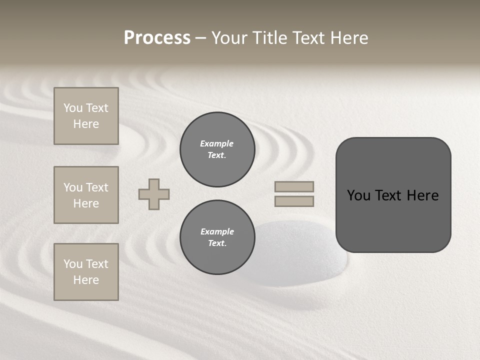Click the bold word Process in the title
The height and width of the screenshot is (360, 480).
157,38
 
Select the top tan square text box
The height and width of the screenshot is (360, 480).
86,116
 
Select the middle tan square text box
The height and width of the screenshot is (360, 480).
86,195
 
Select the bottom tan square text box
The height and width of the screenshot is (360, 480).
86,272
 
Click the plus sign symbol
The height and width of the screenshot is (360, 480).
154,194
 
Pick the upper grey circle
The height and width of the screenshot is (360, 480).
217,149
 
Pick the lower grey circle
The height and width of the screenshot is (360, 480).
217,237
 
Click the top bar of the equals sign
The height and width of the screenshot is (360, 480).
294,186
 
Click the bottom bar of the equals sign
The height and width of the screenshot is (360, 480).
294,201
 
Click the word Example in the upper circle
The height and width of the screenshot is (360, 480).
216,143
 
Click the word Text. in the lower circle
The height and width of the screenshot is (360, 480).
217,243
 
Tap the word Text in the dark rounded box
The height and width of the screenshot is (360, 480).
388,195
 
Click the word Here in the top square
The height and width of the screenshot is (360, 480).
86,124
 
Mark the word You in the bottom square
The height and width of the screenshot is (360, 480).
73,264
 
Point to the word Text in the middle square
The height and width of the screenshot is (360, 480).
96,187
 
